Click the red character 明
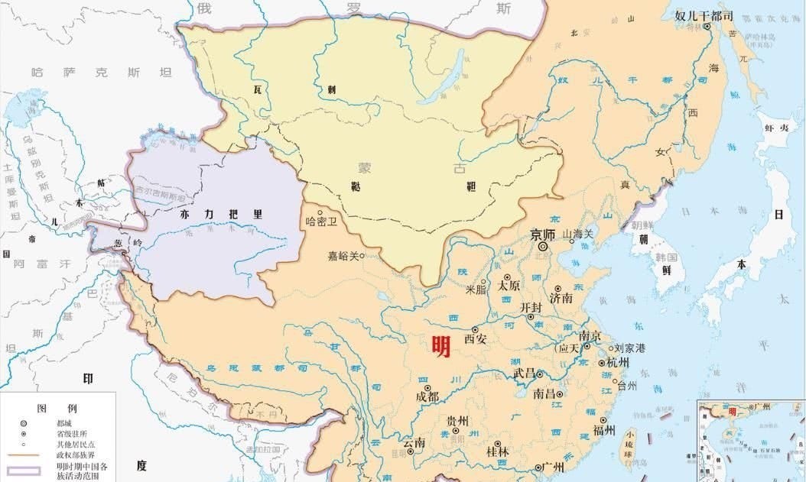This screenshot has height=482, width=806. (440, 347)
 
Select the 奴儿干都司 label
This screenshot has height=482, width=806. (704, 15)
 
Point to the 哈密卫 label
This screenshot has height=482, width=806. (321, 222)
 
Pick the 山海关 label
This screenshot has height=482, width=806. (578, 234)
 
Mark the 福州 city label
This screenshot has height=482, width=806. (603, 430)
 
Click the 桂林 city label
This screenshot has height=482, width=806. (497, 452)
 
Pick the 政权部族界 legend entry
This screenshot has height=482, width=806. (68, 455)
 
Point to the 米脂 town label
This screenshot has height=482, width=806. (475, 290)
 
